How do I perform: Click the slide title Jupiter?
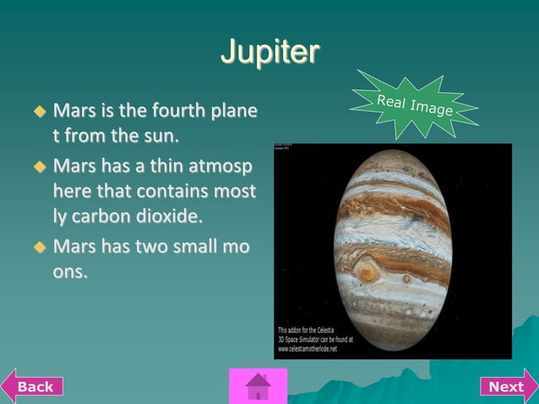point(269,52)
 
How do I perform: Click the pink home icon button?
point(258,387)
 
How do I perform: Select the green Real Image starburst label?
point(415,105)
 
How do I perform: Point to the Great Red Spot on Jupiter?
point(367,272)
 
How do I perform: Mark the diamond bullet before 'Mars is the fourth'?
point(38,112)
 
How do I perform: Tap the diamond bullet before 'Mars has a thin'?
point(38,165)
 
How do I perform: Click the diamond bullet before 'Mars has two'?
point(38,248)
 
